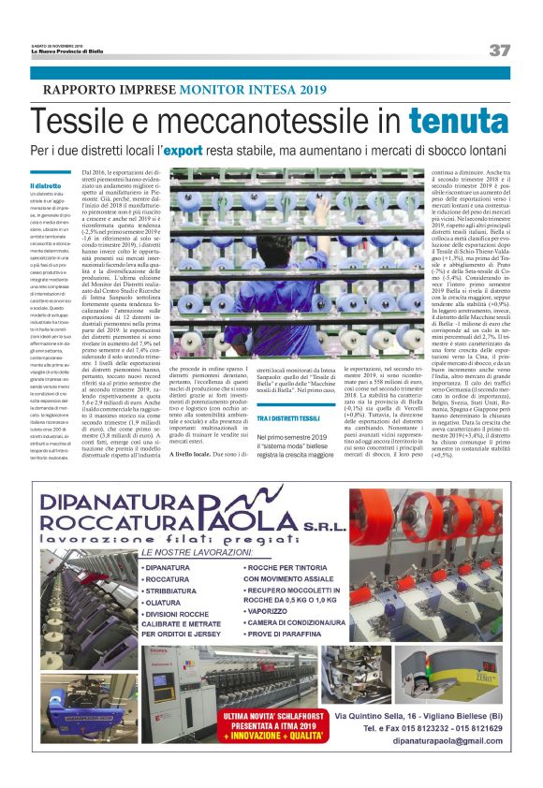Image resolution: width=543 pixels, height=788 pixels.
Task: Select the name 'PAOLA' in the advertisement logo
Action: pyautogui.click(x=299, y=517)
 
